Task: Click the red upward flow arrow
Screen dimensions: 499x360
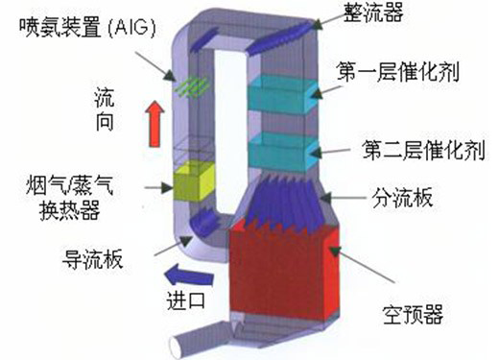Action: tap(154, 124)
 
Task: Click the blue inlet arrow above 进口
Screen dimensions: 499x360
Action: tap(189, 276)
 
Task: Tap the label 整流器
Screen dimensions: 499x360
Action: tap(373, 12)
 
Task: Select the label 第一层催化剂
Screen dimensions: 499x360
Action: tap(398, 72)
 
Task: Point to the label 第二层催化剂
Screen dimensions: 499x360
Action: tap(423, 150)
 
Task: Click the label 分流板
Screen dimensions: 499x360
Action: tap(402, 198)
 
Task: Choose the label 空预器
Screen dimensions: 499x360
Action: tap(413, 314)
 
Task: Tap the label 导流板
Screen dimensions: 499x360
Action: tap(93, 258)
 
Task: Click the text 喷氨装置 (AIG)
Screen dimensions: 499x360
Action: tap(88, 28)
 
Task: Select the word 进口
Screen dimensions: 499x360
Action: tap(186, 300)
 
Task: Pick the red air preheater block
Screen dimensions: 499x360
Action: tap(284, 272)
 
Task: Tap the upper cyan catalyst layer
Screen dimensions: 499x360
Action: tap(282, 94)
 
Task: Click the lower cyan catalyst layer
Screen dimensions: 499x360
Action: tap(282, 153)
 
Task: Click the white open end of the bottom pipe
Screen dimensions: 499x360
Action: tap(176, 348)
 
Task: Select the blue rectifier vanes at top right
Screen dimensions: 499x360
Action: tap(278, 36)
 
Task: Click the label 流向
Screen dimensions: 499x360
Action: tap(105, 110)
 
